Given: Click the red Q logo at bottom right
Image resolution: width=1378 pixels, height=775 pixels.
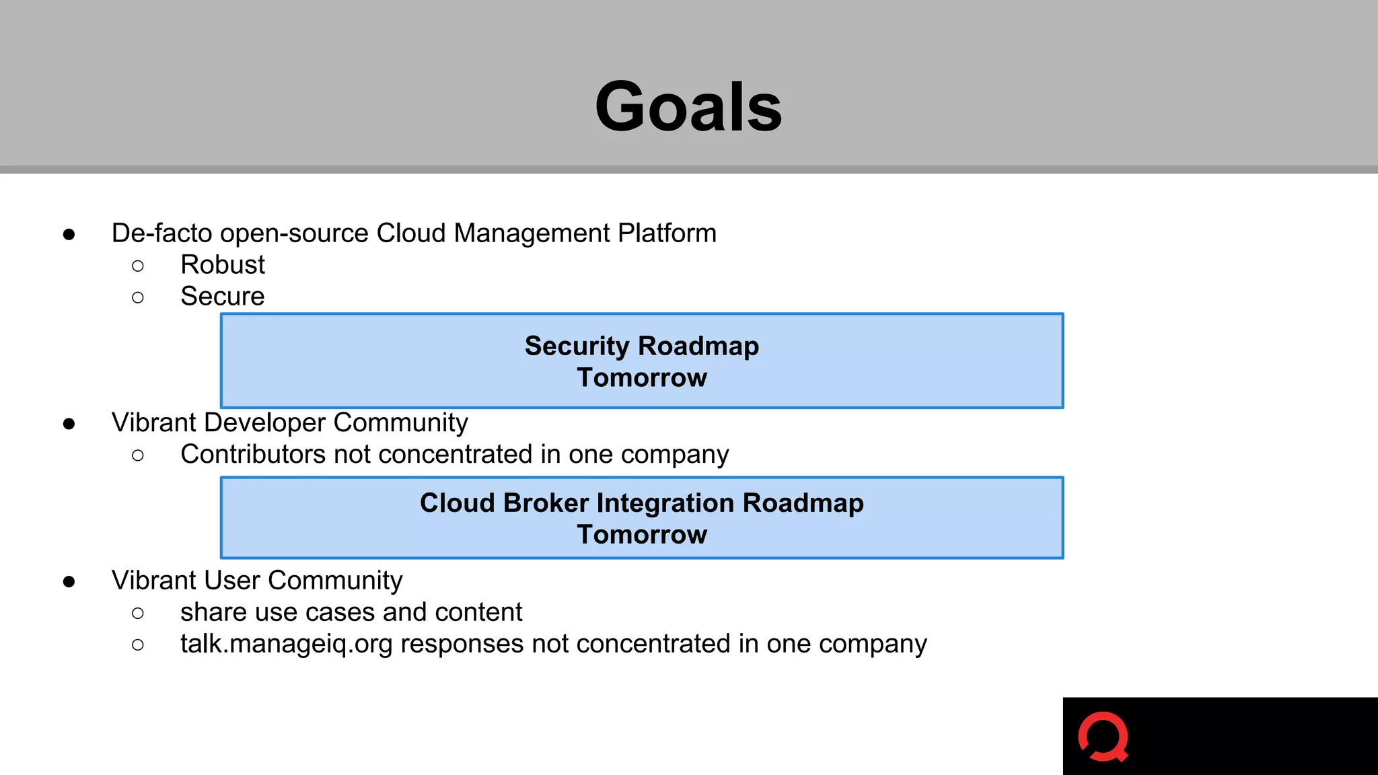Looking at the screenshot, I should pos(1103,737).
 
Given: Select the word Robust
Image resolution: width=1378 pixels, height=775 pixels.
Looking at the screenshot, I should pos(223,265).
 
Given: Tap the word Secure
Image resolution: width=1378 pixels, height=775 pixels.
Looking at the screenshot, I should pos(223,297).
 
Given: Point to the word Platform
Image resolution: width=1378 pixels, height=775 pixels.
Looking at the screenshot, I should pos(667,233).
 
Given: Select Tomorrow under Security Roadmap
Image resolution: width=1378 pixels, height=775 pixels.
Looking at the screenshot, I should pos(642,378).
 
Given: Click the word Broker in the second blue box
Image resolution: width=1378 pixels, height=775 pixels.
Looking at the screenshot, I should pos(546,503).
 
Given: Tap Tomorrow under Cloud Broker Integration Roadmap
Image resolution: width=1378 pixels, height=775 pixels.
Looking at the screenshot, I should pos(642,535).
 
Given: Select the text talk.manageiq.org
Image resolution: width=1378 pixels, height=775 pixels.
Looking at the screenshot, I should pos(286,644).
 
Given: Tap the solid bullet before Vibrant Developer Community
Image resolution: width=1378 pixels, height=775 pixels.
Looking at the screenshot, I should pos(69,424).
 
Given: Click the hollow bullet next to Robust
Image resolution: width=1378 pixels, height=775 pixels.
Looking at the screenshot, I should pos(138,266).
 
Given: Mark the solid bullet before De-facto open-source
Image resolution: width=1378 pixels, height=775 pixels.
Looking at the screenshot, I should pos(69,235).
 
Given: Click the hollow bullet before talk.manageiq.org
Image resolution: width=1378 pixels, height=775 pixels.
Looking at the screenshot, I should pos(138,645).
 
